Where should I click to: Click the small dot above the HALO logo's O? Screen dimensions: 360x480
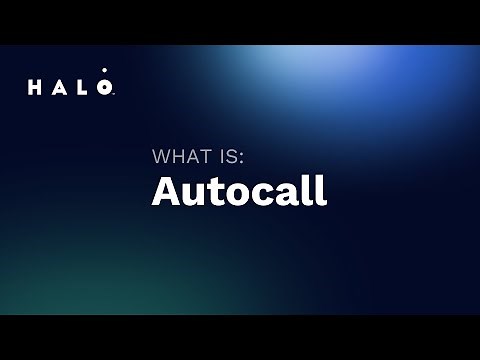tap(104, 71)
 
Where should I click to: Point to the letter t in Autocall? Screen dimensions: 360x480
tap(209, 191)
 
